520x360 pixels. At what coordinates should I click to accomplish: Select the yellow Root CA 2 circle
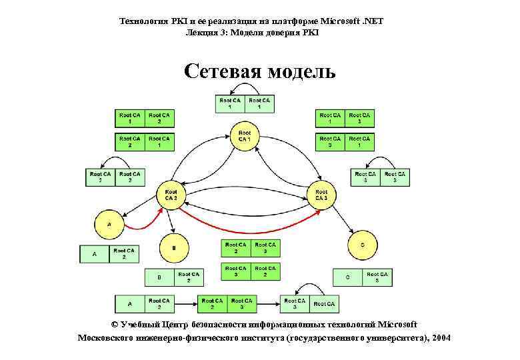point(171,194)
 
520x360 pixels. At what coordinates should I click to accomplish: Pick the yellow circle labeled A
point(109,225)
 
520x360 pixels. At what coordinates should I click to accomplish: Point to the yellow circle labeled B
point(174,247)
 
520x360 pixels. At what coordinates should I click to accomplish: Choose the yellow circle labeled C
point(362,245)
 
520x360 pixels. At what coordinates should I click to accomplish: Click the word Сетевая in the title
point(221,71)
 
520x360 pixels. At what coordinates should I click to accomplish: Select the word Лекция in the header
point(202,32)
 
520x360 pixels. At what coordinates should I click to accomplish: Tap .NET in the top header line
point(373,21)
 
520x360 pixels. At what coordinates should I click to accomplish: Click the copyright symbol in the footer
point(113,325)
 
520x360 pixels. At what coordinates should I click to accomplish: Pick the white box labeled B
point(159,277)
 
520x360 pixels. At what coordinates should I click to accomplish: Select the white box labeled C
point(347,277)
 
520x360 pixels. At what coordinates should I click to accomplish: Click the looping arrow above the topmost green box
point(245,89)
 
